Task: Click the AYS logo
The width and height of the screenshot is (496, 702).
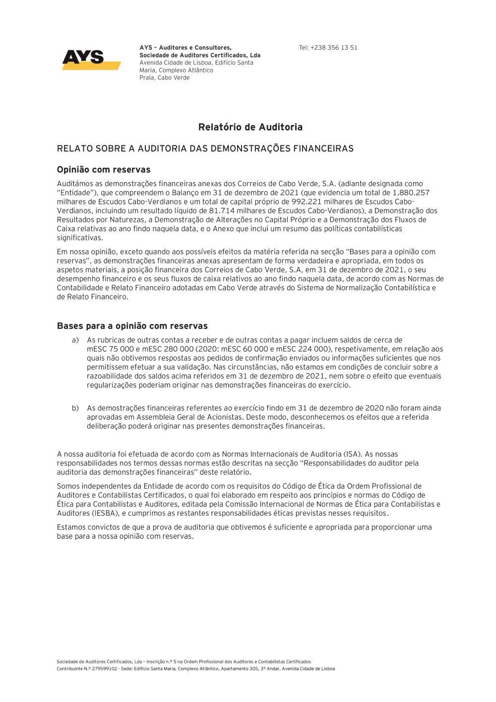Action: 91,59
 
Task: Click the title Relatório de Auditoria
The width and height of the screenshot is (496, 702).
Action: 250,127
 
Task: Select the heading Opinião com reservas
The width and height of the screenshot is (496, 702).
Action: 104,170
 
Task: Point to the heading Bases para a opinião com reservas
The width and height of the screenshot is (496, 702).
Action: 132,326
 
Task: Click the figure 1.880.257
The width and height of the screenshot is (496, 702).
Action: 411,192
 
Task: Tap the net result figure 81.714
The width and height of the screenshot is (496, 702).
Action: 222,210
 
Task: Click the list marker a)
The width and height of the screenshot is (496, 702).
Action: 75,340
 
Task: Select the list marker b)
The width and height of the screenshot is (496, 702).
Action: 75,408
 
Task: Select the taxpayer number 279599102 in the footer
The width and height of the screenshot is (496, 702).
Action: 104,669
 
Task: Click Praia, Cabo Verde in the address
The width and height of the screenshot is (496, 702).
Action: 164,78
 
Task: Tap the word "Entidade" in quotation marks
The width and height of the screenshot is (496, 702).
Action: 77,192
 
